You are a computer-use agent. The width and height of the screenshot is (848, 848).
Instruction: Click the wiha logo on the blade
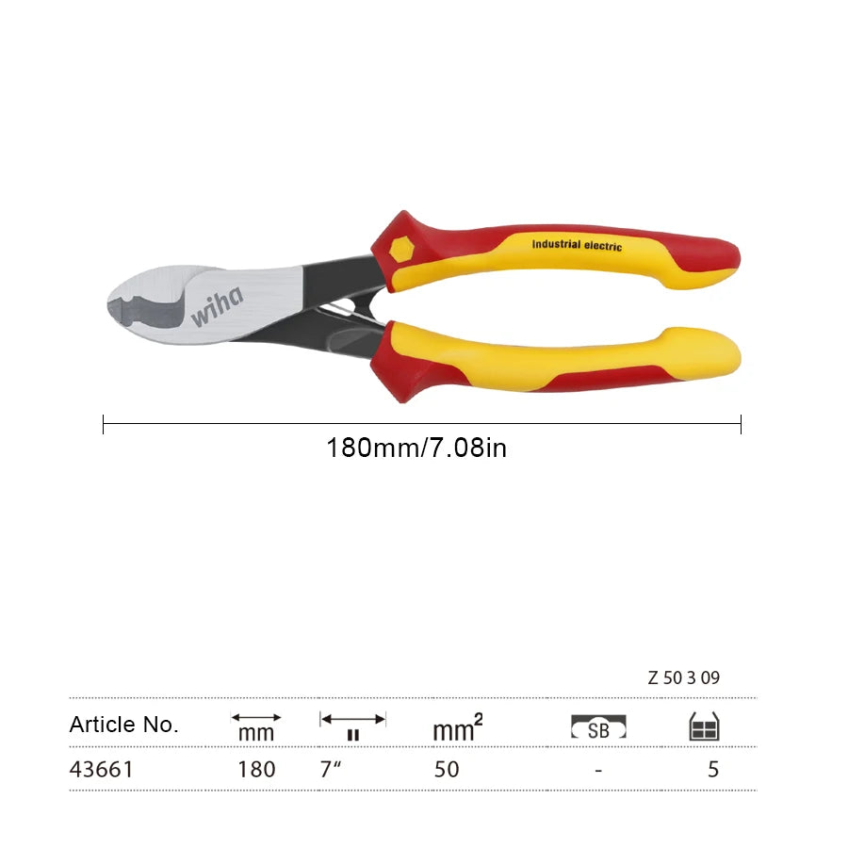click(x=217, y=306)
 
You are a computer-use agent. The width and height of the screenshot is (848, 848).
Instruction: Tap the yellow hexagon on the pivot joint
click(x=401, y=250)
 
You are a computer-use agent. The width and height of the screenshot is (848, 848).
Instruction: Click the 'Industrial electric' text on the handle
click(x=577, y=245)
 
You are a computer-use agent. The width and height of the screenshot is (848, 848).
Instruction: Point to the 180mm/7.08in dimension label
click(x=416, y=448)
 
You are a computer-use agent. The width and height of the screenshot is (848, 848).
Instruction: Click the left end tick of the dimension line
click(x=103, y=424)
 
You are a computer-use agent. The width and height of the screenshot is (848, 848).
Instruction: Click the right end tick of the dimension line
click(x=741, y=424)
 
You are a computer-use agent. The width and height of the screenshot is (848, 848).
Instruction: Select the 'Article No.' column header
click(x=123, y=725)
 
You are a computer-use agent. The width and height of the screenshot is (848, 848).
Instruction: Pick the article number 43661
click(x=101, y=769)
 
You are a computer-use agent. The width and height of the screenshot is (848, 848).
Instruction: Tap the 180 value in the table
click(x=257, y=769)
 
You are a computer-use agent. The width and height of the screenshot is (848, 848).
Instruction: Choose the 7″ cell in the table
click(x=331, y=769)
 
